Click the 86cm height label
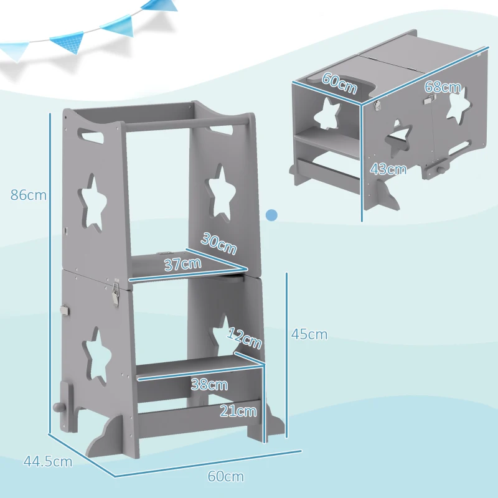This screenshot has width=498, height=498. [29, 195]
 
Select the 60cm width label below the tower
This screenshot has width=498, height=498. [225, 477]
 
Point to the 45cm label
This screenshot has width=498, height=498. [309, 334]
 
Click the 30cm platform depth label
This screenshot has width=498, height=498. [218, 243]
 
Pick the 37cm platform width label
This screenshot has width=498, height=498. [182, 263]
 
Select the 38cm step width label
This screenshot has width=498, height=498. [209, 385]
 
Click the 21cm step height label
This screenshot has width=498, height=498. [238, 410]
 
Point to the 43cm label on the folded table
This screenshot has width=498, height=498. [388, 169]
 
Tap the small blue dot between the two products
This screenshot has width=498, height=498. [271, 215]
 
